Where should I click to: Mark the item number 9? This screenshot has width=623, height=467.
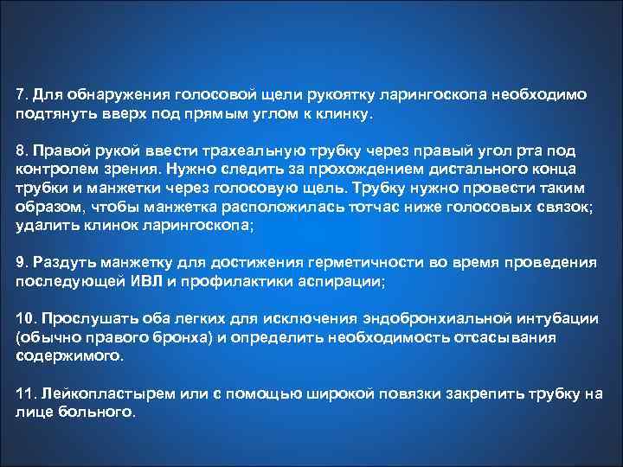[20, 260]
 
